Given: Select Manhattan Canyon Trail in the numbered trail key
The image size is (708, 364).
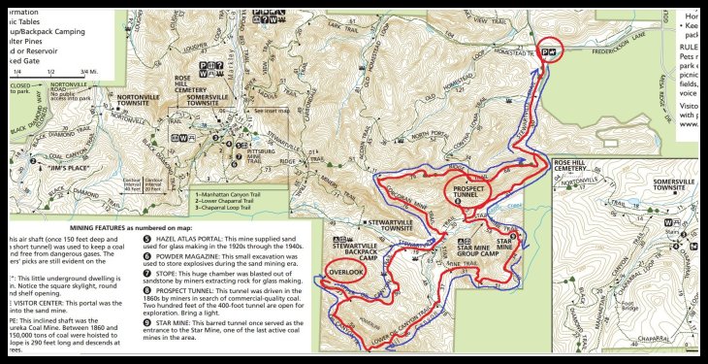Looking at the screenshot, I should [x=232, y=195].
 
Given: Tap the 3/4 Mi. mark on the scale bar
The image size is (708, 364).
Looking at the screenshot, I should [x=88, y=71].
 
